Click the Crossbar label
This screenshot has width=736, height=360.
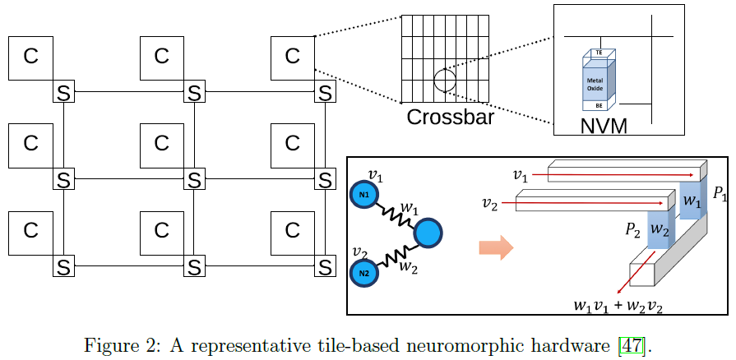pyautogui.click(x=450, y=117)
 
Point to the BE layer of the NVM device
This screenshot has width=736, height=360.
pyautogui.click(x=594, y=104)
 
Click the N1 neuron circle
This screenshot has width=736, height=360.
pyautogui.click(x=364, y=194)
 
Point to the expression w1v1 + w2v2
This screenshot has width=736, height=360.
pyautogui.click(x=618, y=305)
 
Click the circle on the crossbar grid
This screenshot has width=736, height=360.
pyautogui.click(x=445, y=80)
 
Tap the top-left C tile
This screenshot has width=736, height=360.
pyautogui.click(x=30, y=57)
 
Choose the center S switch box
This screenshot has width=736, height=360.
pyautogui.click(x=194, y=178)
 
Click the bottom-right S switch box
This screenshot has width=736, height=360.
pyautogui.click(x=326, y=266)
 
